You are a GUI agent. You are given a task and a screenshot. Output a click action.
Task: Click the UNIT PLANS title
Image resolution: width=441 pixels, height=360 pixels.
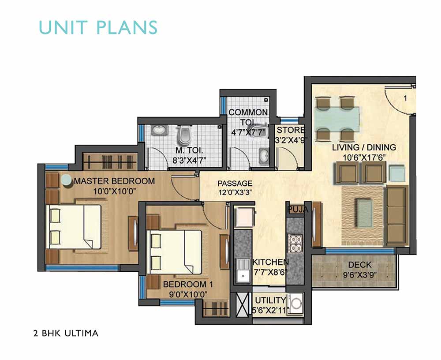coord(98,27)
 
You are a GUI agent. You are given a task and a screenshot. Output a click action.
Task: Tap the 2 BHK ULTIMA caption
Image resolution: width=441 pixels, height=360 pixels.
coord(66,333)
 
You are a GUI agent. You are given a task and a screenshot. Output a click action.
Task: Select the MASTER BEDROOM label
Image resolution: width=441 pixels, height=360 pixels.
coord(114,181)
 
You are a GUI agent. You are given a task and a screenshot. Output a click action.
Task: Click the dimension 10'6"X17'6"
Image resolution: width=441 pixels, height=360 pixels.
coord(364,157)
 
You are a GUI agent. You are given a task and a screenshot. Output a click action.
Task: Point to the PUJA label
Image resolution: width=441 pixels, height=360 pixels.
coord(298,210)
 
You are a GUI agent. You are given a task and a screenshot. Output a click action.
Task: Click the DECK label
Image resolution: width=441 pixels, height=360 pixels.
coord(360,265)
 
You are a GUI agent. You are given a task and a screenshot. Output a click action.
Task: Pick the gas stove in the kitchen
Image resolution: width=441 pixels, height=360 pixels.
coord(295,244)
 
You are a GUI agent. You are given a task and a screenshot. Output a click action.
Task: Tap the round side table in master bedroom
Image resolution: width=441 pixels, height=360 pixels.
coord(67,180)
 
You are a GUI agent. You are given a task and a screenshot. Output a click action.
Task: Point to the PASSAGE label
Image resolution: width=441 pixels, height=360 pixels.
coord(235,184)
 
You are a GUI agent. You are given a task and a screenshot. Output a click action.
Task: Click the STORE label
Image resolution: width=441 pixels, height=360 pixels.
coord(291,130)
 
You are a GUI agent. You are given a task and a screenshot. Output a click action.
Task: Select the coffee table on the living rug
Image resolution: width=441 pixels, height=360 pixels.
coord(365,210)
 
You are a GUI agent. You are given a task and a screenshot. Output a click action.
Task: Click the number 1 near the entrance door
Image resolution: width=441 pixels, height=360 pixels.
coord(405,98)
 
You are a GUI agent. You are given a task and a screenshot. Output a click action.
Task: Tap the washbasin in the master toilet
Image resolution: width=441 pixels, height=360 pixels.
coord(160,130)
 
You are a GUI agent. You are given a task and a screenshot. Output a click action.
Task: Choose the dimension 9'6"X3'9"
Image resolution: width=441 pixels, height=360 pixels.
coord(360,275)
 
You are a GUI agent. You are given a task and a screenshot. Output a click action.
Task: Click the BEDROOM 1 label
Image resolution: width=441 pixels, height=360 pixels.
coord(188,284)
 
